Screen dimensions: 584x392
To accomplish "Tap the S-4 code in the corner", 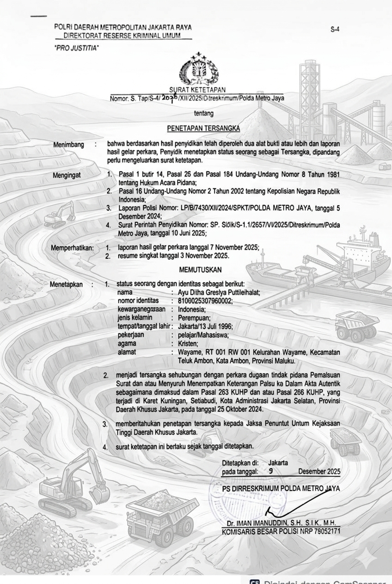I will pos(335,30).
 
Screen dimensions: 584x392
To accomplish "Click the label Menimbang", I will pos(68,145).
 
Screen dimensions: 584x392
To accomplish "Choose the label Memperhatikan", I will pos(72,248).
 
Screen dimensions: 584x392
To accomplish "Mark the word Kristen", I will pos(188,344).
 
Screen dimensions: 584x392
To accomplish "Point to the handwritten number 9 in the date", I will pos(270,471).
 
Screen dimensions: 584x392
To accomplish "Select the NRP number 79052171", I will pos(325,531).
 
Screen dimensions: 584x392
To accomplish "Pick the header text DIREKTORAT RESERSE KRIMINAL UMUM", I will pos(122,36).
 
